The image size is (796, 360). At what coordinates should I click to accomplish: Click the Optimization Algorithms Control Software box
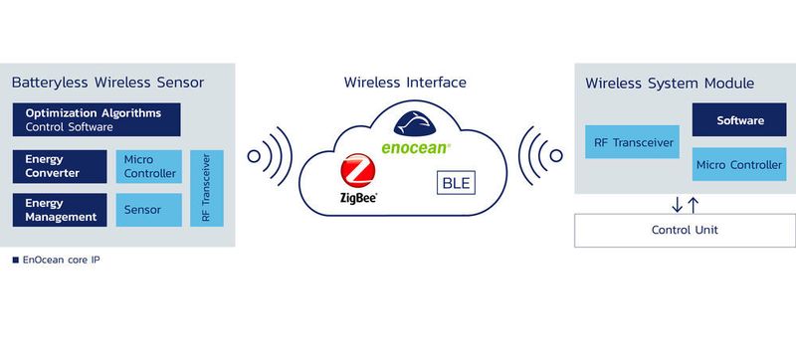tap(97, 119)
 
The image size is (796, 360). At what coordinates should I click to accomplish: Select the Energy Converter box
tap(60, 167)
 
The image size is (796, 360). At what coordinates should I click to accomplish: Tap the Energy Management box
tap(60, 210)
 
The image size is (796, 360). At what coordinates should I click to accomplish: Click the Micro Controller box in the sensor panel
tap(149, 167)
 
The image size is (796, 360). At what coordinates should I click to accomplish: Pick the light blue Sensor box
tap(149, 210)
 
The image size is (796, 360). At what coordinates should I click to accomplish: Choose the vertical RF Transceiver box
tap(207, 188)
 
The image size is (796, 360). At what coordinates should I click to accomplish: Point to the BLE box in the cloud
tap(454, 183)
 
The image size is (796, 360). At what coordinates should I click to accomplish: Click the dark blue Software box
tap(740, 120)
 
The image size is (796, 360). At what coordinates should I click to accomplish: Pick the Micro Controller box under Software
tap(740, 164)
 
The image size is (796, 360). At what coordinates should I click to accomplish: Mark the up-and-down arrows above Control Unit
tap(685, 204)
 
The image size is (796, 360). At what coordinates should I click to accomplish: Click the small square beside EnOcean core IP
tap(15, 261)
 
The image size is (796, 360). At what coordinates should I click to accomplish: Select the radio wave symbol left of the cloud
tap(266, 156)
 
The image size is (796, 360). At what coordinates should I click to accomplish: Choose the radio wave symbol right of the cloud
tap(543, 156)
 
